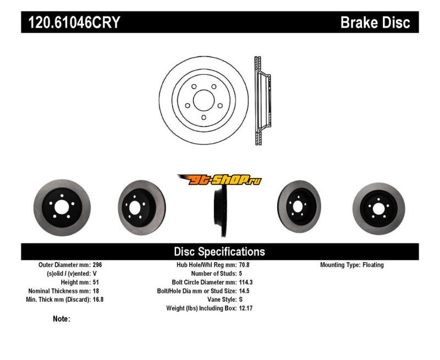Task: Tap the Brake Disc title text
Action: point(375,23)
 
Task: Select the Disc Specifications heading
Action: point(219,252)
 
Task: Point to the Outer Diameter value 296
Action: point(98,265)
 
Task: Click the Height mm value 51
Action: point(96,283)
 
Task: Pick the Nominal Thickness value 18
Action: point(96,291)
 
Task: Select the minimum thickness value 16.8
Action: point(98,300)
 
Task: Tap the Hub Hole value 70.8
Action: point(245,265)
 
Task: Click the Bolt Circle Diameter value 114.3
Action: point(246,283)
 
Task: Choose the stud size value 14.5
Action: point(245,291)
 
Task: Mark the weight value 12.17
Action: point(246,309)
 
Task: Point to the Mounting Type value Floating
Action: point(373,265)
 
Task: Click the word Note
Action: point(62,319)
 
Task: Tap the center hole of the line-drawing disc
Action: point(204,101)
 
